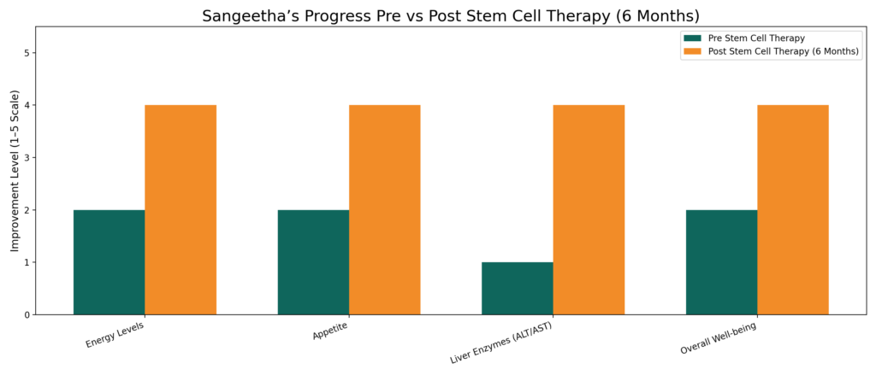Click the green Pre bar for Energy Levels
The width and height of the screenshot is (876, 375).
tap(109, 262)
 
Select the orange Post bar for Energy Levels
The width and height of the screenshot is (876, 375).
tap(181, 209)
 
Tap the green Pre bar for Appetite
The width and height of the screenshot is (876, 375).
tap(313, 262)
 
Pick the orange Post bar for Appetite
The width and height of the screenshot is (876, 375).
tap(384, 209)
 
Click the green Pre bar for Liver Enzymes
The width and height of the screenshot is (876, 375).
tap(517, 288)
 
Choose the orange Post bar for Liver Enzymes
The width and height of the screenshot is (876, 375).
tap(589, 209)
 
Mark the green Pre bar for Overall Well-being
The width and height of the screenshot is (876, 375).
tap(721, 262)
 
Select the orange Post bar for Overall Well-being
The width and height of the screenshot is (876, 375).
tap(792, 209)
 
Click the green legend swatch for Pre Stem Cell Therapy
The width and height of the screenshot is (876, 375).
tap(692, 38)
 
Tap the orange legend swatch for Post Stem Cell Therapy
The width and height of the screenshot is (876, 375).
tap(692, 51)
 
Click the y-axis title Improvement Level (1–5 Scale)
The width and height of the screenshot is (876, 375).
tap(15, 171)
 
